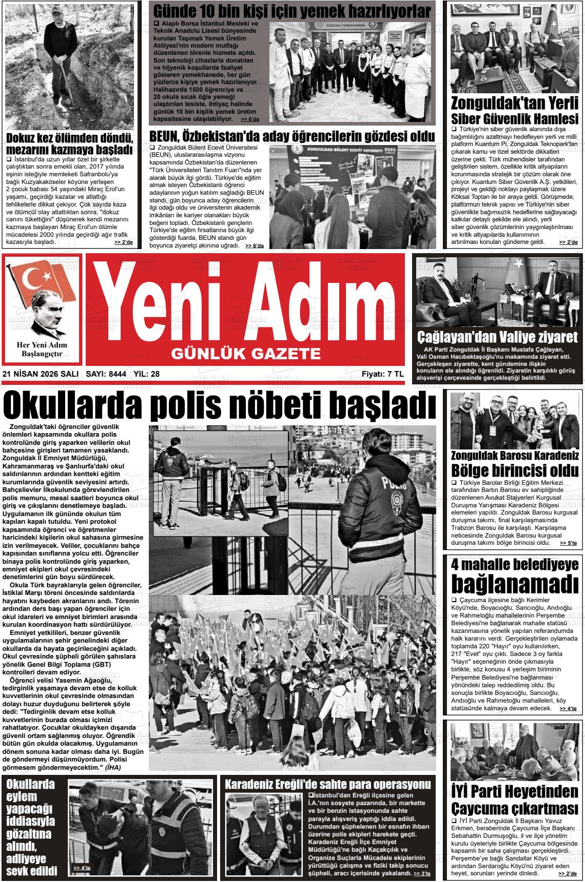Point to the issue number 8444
click(117, 374)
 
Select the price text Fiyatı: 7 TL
click(382, 374)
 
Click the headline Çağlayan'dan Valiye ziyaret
click(497, 337)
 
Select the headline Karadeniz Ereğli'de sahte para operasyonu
click(328, 785)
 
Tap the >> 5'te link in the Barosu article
click(568, 543)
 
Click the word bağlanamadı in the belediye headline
click(515, 583)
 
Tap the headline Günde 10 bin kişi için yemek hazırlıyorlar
click(292, 11)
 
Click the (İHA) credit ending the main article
click(112, 768)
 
